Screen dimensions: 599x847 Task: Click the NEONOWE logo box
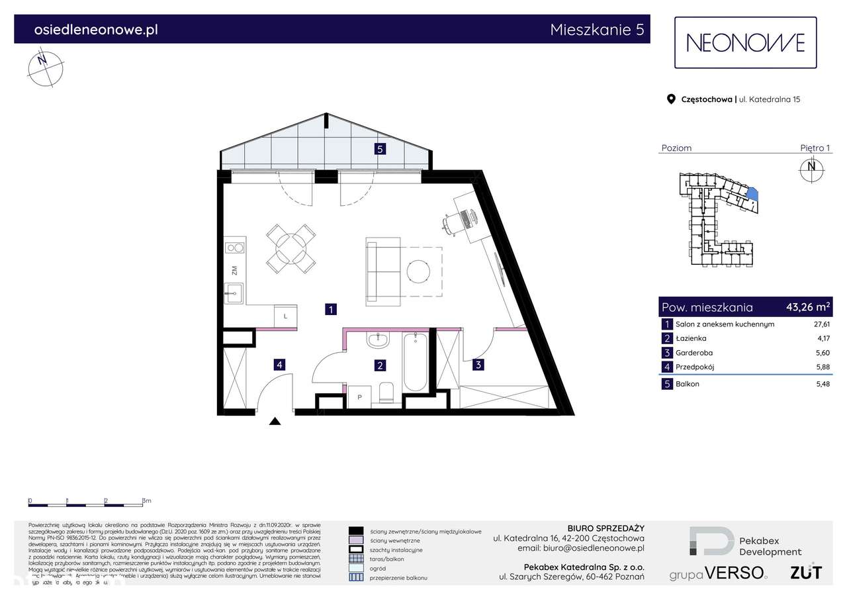coord(745,43)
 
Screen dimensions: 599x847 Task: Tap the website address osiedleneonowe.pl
coord(95,29)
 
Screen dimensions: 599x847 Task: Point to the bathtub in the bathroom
coord(416,363)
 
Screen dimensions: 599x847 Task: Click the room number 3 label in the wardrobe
coord(478,363)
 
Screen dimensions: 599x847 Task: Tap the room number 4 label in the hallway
coord(280,364)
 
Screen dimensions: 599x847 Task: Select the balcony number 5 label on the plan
coord(380,149)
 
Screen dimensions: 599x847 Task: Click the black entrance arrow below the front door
coord(275,421)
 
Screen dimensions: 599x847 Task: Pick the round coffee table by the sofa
coord(419,271)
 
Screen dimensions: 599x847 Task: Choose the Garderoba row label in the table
coord(694,353)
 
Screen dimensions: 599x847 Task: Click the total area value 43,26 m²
coord(807,306)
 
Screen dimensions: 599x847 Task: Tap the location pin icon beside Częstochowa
coord(670,99)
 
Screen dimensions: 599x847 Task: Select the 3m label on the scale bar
coord(147,501)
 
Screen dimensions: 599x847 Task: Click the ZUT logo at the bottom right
coord(806,572)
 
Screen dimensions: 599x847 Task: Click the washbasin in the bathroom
coord(379,340)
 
